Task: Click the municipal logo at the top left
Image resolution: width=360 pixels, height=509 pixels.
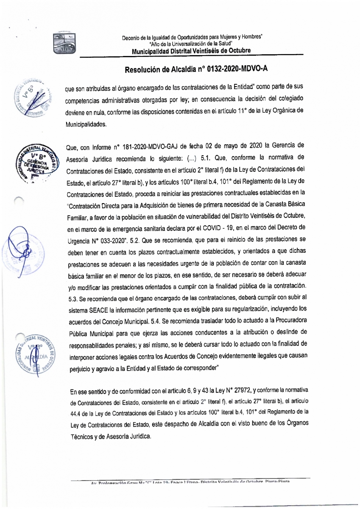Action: coord(64,42)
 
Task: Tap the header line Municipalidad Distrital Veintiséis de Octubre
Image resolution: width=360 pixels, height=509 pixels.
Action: coord(191,51)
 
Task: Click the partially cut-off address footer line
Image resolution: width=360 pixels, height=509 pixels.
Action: coord(191,482)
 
